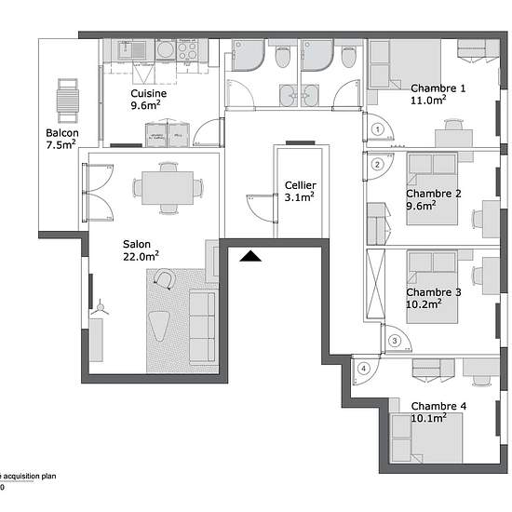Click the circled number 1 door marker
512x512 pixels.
pos(377,129)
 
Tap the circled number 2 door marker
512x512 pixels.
pos(377,164)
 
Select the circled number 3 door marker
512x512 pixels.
pos(395,341)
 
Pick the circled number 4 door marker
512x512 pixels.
pos(363,369)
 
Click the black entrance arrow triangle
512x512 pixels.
pos(250,256)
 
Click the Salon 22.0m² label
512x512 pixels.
pos(141,250)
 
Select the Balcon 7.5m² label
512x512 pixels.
pos(62,139)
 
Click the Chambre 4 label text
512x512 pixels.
pos(438,406)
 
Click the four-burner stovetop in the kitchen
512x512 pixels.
pos(187,50)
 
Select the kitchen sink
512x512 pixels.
pos(132,50)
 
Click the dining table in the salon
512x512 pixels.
pos(168,188)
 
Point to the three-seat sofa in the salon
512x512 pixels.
pos(202,328)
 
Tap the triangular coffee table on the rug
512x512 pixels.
pos(159,326)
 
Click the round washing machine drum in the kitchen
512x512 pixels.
pos(166,50)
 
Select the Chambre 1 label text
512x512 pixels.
pos(438,88)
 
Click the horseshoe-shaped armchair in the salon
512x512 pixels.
pos(165,278)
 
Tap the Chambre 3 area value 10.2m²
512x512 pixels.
pos(424,304)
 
